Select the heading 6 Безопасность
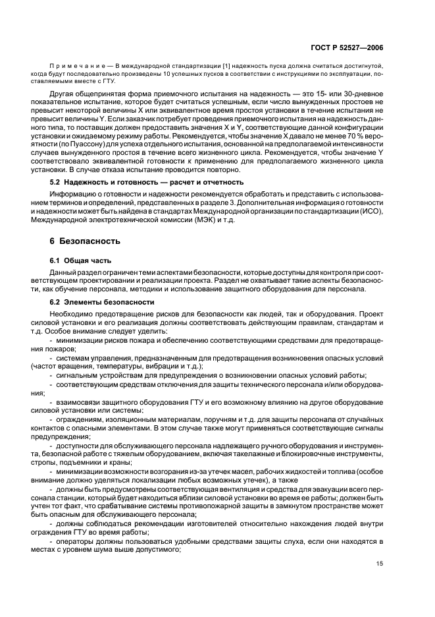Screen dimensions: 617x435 pos(82,242)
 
